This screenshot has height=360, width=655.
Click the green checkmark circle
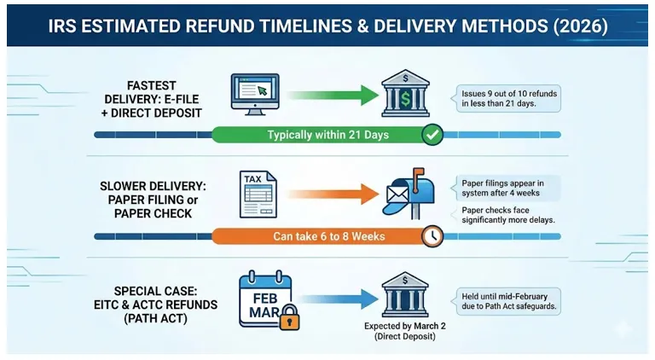tap(432, 134)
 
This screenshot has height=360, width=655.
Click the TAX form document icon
tap(257, 195)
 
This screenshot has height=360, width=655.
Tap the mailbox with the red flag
tap(409, 194)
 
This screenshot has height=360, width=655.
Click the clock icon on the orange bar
tap(432, 236)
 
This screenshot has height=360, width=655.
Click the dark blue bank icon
tap(405, 295)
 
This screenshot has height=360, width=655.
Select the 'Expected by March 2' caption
tap(406, 331)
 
